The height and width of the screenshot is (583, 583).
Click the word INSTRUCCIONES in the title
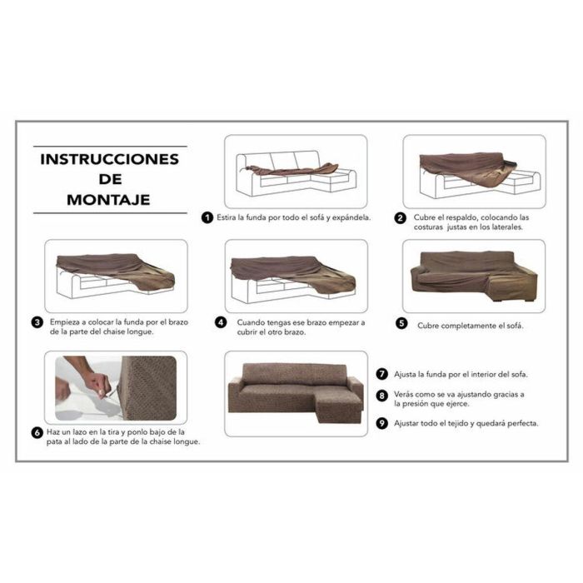point(109,159)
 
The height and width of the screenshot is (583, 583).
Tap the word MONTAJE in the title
point(109,200)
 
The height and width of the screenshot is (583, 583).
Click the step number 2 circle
point(401,218)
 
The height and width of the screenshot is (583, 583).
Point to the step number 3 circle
point(38,322)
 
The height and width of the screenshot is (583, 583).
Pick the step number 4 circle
point(221,322)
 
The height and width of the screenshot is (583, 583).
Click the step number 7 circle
point(382,374)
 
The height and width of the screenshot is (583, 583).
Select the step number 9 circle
point(382,423)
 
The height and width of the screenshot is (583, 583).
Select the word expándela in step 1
point(349,218)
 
